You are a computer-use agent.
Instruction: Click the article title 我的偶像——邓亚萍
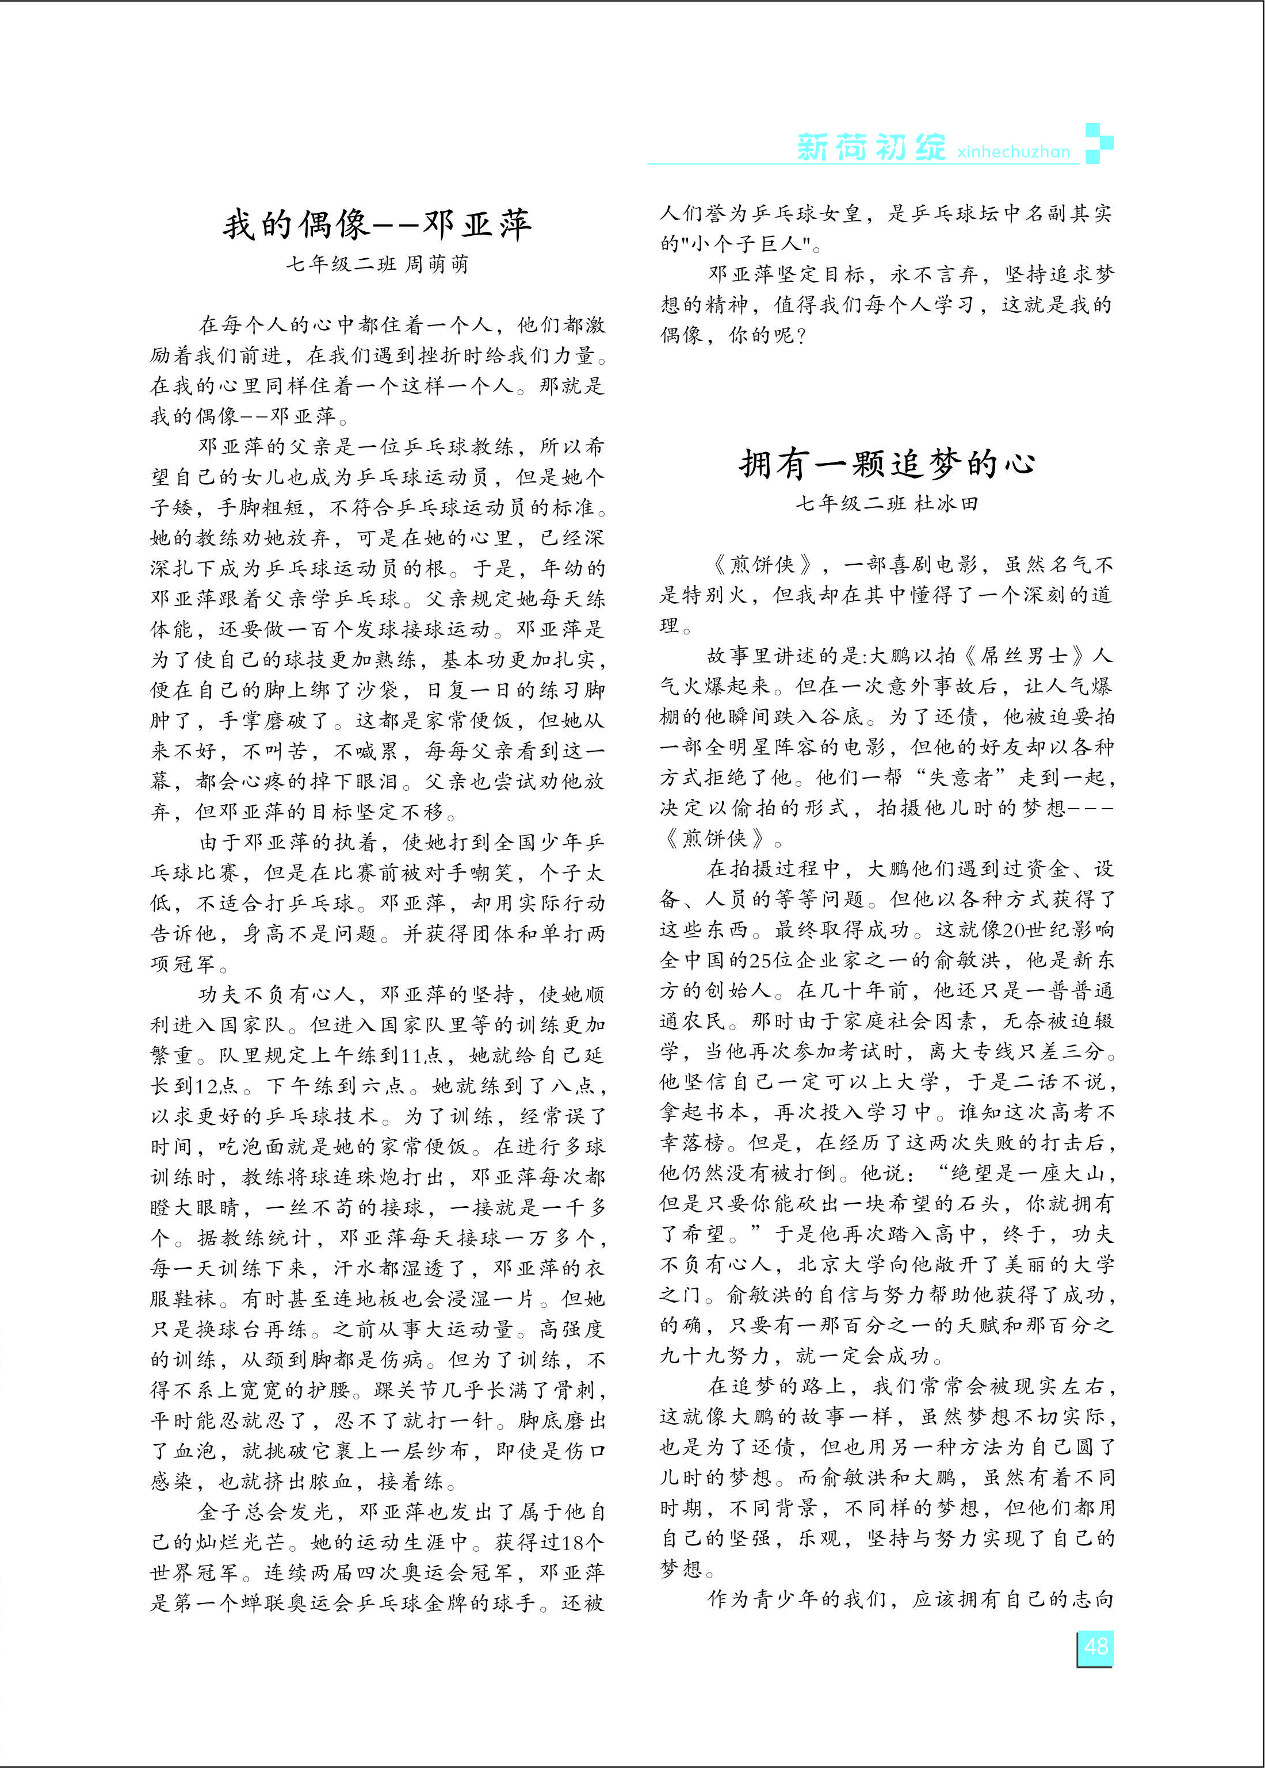377,225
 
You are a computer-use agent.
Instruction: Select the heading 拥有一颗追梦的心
886,464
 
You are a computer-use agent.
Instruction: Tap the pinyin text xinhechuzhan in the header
1014,152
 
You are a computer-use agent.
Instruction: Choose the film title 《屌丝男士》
1025,656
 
